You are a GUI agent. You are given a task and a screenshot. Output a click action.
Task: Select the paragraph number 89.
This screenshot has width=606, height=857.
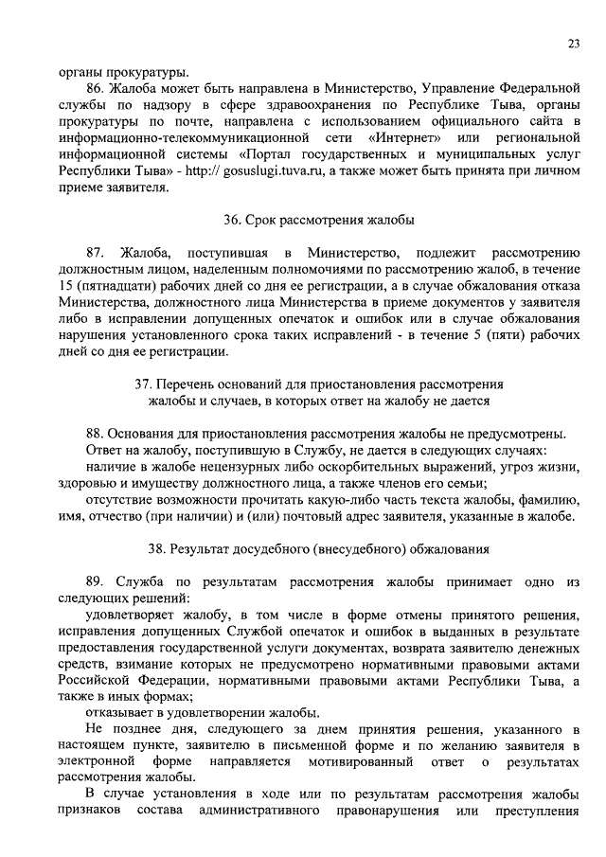96,582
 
